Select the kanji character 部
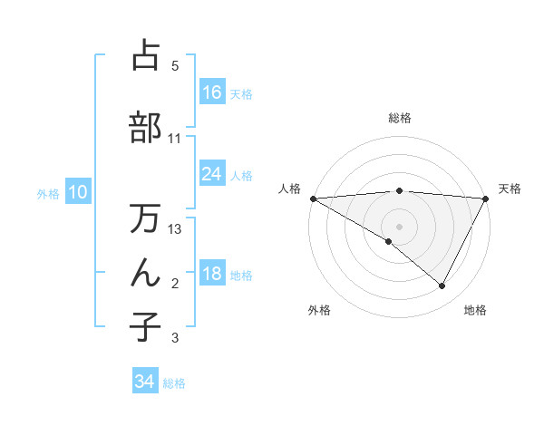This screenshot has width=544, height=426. point(145,127)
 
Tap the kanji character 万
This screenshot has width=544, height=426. point(145,219)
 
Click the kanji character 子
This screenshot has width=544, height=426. point(145,326)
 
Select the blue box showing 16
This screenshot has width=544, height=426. point(212,92)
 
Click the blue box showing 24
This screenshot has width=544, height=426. point(212,174)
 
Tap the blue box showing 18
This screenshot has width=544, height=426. point(212,275)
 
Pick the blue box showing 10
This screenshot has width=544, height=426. point(77,192)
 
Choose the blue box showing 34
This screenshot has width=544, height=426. point(145,382)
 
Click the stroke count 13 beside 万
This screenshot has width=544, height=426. point(176,229)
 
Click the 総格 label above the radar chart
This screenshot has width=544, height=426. point(399,118)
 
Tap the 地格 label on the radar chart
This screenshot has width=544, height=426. point(475,310)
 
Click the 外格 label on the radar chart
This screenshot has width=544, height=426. point(319,310)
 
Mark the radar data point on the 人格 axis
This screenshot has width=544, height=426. point(313,198)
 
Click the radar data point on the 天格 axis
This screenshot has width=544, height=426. point(486,198)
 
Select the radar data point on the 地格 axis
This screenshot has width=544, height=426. point(442,286)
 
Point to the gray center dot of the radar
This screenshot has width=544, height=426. point(399,226)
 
